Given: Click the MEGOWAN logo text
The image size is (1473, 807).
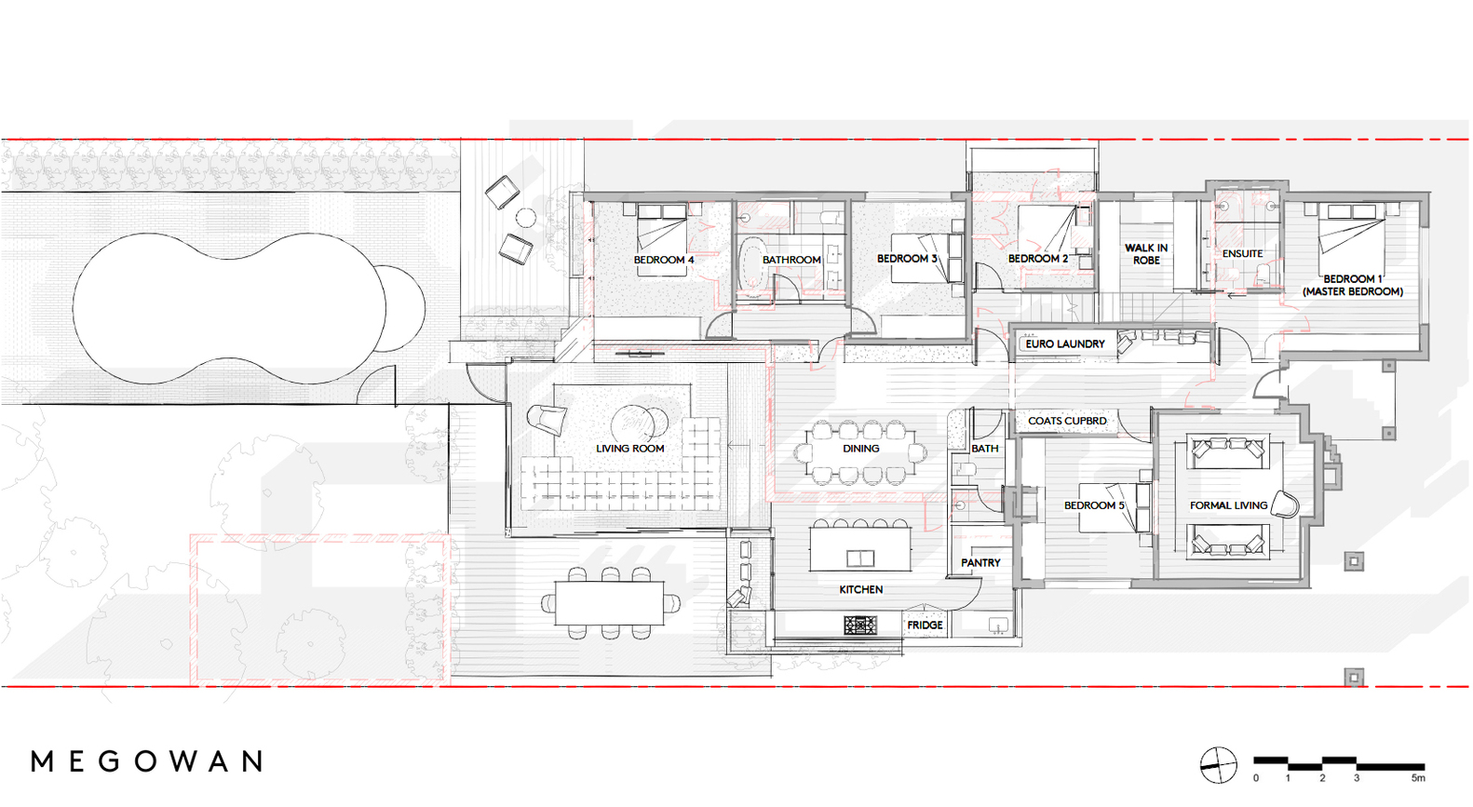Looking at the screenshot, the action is (146, 761).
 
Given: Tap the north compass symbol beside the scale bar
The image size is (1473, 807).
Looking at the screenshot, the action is (1218, 766).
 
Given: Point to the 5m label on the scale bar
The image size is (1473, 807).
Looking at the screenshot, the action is (1418, 778).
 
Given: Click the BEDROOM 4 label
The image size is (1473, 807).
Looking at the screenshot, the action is (664, 260).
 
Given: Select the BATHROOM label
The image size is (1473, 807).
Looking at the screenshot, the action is (791, 260).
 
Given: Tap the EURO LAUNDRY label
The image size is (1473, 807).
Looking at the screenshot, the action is (1064, 343).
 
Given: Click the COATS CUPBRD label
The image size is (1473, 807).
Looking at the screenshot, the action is (1067, 421).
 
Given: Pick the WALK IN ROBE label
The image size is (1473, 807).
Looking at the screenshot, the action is (1146, 254).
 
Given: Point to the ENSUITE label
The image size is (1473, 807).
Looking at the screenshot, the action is (1242, 254).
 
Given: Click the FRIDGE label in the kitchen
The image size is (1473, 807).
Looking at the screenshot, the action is (925, 625).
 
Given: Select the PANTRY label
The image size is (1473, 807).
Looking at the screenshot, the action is (980, 562).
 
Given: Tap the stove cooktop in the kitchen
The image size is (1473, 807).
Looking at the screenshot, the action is (860, 625).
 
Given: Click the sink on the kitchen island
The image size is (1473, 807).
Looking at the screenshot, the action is (860, 558).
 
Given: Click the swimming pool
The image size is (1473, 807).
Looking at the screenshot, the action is (249, 308).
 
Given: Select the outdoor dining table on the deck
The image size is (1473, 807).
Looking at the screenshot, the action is (609, 602).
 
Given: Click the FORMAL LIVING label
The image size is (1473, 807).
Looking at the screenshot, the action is (1228, 505).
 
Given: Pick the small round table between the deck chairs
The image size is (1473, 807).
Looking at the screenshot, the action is (526, 217).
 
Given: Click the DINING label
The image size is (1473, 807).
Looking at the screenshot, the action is (860, 449).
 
